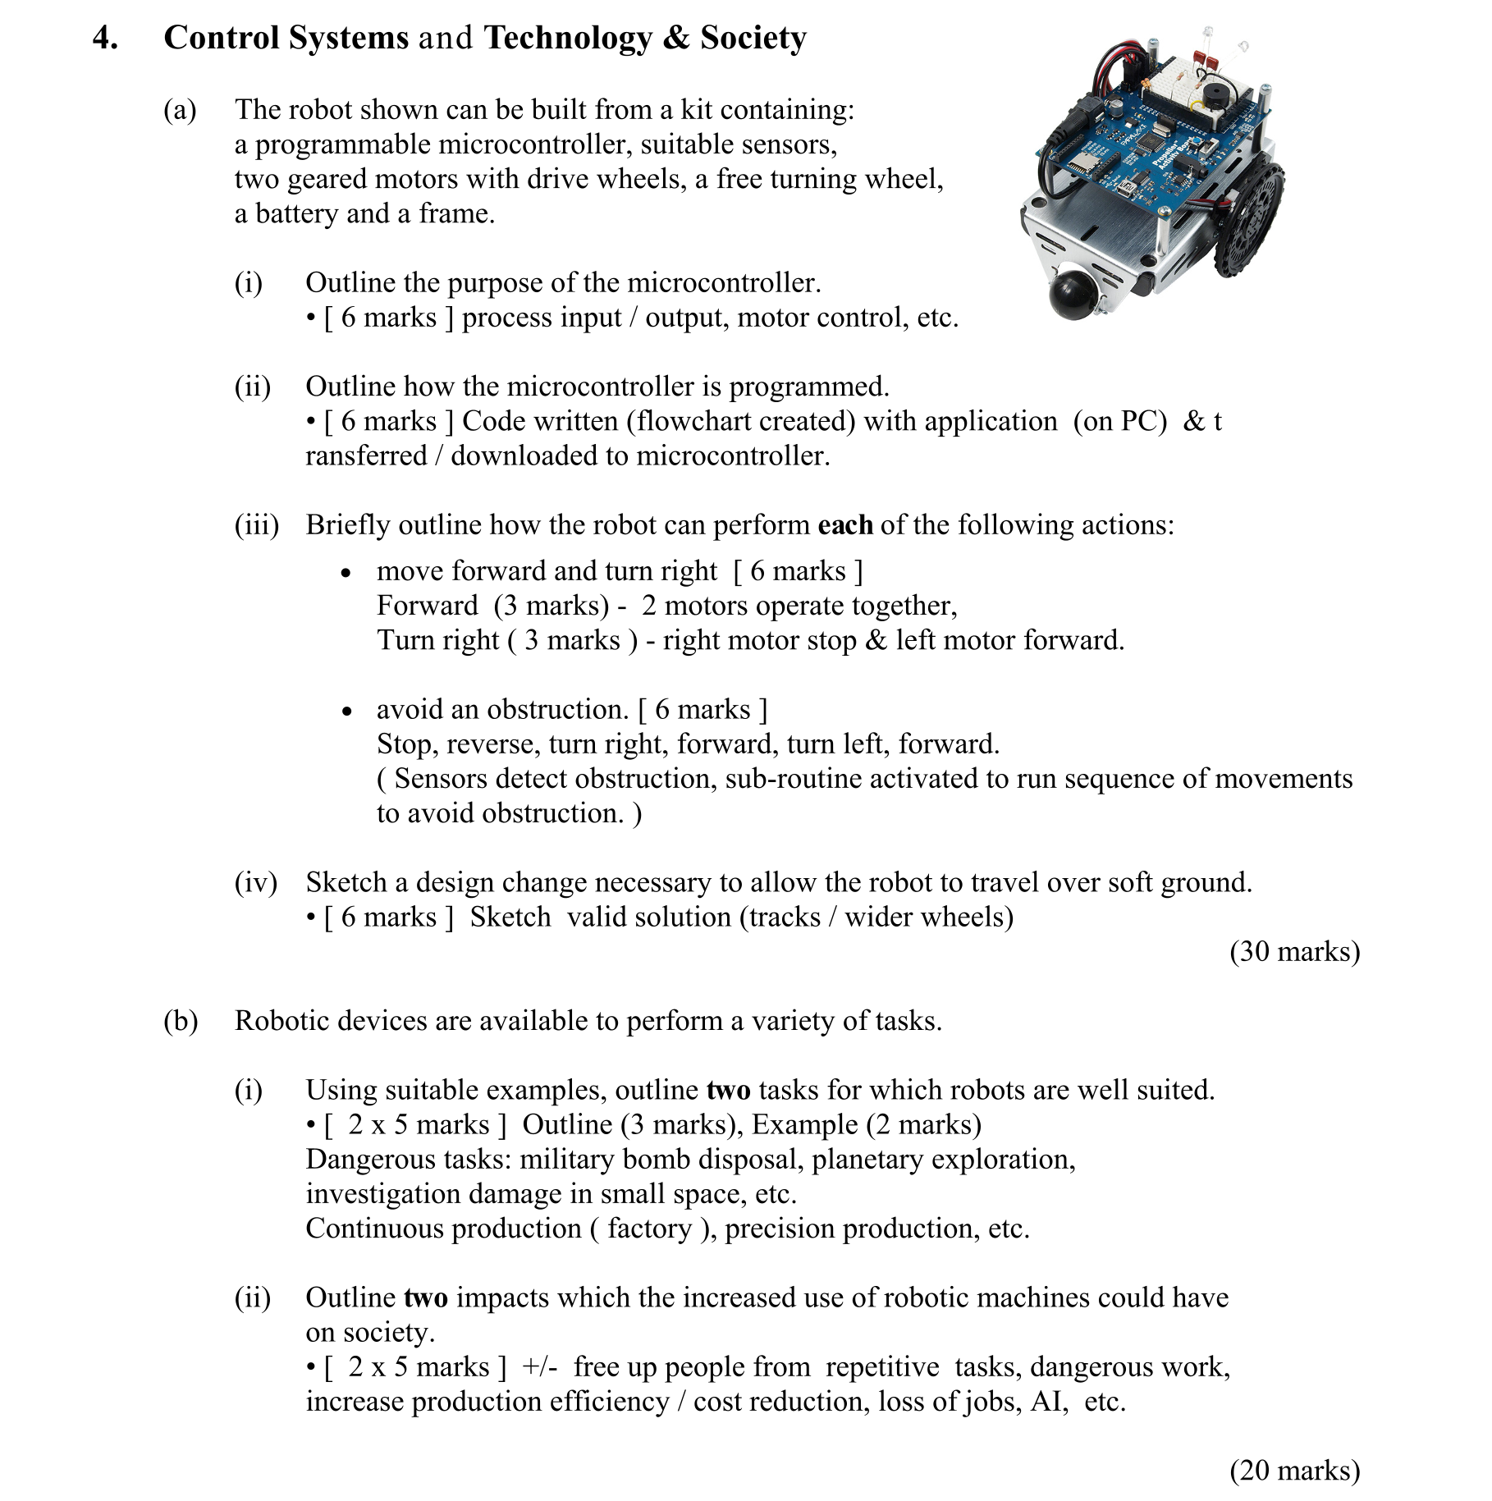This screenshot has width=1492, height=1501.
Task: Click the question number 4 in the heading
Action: click(x=103, y=39)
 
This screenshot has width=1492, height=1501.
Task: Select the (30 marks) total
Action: click(x=1294, y=951)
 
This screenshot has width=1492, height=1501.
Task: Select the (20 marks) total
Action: click(x=1294, y=1470)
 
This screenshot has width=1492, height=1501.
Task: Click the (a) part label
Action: click(x=180, y=110)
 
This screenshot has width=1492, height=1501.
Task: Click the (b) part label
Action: click(x=181, y=1021)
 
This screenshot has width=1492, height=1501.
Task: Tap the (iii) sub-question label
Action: click(x=257, y=525)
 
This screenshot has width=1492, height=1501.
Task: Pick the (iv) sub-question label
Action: click(x=256, y=883)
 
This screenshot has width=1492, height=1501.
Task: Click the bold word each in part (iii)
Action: click(x=845, y=525)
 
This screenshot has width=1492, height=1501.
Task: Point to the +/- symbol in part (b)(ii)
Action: click(x=539, y=1367)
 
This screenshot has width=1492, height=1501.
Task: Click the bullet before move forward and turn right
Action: click(x=346, y=573)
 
